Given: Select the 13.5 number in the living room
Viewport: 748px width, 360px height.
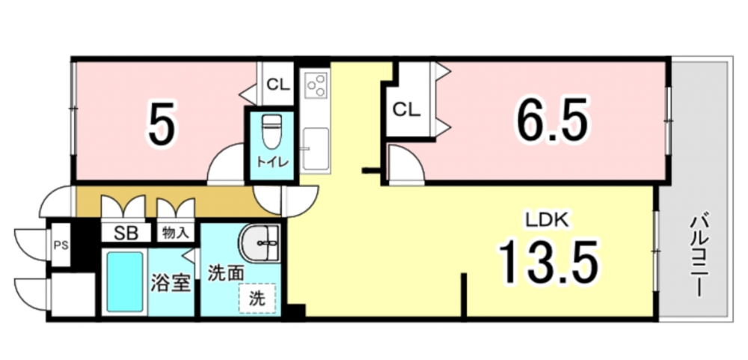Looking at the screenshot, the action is [548, 263].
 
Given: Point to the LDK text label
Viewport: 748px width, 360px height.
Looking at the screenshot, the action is [546, 220].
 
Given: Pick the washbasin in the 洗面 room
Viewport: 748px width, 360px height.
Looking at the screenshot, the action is [260, 243].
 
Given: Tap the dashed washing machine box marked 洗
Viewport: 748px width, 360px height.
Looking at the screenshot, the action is [257, 299].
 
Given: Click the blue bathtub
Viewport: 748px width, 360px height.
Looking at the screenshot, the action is [124, 281].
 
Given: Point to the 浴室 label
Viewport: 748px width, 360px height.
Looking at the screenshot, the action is [171, 283].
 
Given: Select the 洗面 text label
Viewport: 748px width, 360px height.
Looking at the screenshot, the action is [226, 272].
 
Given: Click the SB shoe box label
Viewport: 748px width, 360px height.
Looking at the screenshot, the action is [126, 233].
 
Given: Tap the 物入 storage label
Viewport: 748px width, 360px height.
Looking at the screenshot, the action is [175, 233].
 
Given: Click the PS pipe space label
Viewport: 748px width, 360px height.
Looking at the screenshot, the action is [61, 245].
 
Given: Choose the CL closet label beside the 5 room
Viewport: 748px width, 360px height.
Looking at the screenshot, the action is [278, 85].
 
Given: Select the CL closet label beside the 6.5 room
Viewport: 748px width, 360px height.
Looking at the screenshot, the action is [406, 110].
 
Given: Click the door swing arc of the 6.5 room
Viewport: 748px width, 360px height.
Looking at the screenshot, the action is [414, 155].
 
